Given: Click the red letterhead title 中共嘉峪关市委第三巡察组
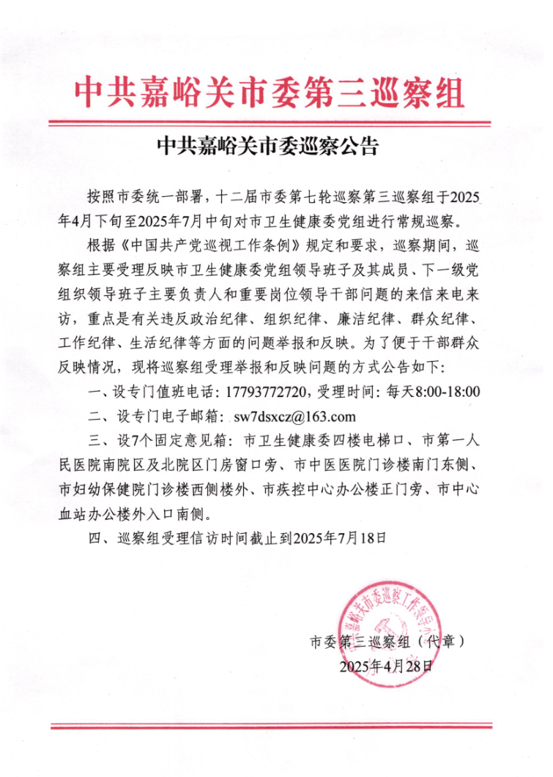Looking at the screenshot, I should (270, 92).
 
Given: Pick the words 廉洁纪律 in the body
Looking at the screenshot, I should (356, 319).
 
